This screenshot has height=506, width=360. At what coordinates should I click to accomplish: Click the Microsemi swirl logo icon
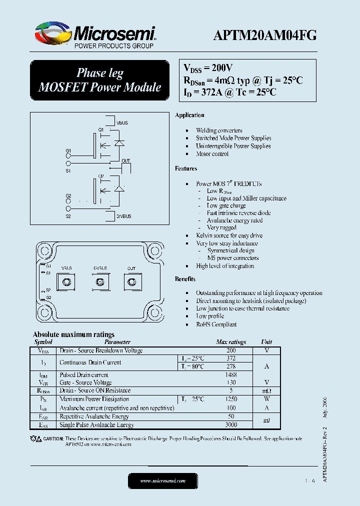click(x=52, y=33)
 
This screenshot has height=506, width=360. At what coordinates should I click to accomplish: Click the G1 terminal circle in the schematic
click(x=68, y=155)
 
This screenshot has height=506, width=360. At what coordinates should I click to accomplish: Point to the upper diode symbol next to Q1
click(x=118, y=142)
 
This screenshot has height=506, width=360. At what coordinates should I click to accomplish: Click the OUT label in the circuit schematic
click(x=126, y=160)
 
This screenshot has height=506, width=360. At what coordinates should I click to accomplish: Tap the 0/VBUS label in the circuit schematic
click(x=123, y=216)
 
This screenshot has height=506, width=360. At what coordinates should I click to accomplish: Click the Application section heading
click(x=189, y=115)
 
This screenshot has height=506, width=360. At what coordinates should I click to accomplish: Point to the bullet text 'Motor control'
click(x=212, y=154)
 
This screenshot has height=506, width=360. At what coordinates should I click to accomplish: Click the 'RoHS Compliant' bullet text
click(x=216, y=324)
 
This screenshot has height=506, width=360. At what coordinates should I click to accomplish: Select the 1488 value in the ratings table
click(x=231, y=374)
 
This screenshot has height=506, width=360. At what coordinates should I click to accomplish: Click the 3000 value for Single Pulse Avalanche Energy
click(x=231, y=424)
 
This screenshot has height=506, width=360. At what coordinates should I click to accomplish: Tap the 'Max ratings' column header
click(x=231, y=342)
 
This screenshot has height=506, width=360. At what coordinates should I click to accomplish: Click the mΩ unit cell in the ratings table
click(x=266, y=390)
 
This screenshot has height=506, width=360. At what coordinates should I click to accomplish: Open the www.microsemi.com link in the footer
click(x=162, y=480)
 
